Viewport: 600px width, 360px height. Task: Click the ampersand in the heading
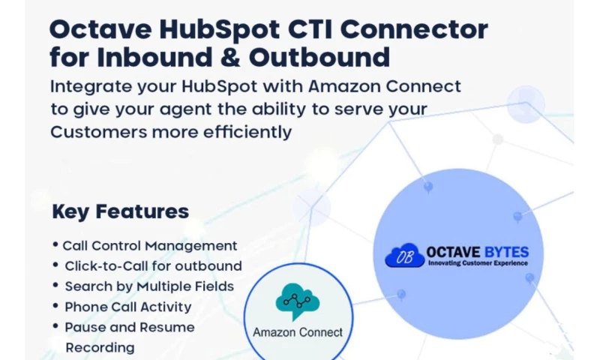(207, 58)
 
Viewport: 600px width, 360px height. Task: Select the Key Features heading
(120, 211)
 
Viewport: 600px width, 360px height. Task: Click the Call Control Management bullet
(149, 245)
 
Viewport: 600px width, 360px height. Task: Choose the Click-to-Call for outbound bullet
(153, 265)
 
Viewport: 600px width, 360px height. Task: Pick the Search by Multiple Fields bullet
(149, 286)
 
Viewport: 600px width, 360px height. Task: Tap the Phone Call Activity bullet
(127, 306)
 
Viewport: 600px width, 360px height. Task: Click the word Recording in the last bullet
(100, 347)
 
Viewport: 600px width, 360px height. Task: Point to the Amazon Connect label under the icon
(298, 332)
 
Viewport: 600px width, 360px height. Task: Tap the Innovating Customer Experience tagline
(478, 263)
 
